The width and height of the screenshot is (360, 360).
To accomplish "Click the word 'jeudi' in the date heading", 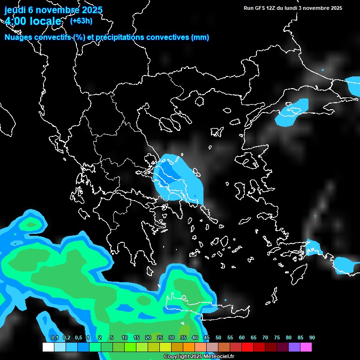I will click(15, 10).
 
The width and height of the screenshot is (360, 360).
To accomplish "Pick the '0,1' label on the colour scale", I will click(55, 338).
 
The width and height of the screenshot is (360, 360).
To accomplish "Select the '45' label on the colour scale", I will click(207, 338).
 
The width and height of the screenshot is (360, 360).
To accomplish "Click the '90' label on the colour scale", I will click(312, 338).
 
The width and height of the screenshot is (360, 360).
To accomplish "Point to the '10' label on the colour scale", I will click(124, 338).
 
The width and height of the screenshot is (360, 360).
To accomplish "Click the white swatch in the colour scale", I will click(48, 347).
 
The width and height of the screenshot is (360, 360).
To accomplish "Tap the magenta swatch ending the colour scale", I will click(306, 347).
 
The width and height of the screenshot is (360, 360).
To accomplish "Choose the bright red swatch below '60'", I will click(247, 347).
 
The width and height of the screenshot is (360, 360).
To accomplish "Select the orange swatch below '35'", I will click(189, 347).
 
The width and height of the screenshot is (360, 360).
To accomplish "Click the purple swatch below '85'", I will click(294, 347).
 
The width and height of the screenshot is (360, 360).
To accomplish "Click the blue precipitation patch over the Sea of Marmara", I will click(293, 112).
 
